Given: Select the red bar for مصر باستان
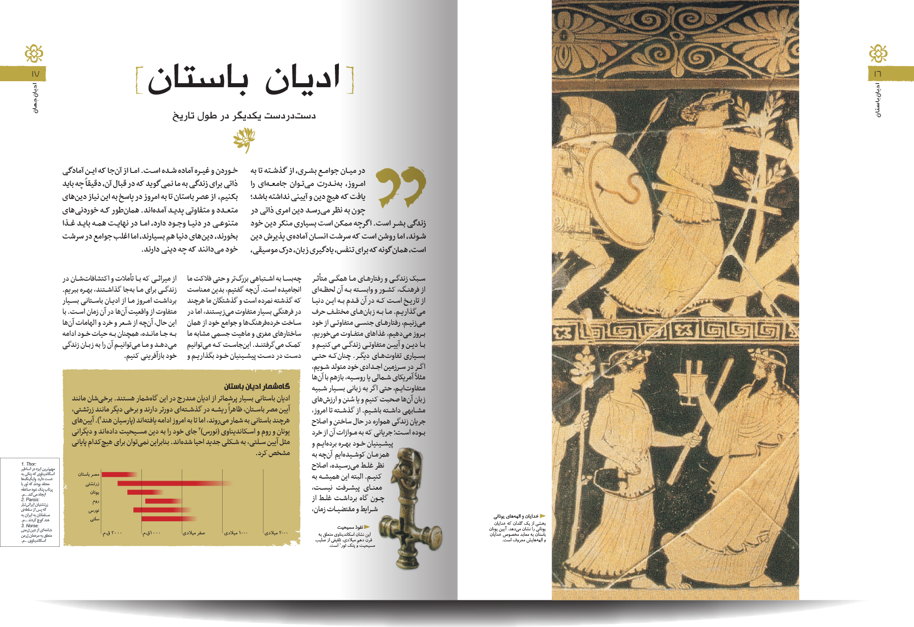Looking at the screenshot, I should pos(118,474).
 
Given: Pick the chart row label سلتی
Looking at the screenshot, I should pos(94,519).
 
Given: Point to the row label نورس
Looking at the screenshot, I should pos(94,510).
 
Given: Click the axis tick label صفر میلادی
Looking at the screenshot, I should pos(194,533).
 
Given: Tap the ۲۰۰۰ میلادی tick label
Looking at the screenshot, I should pos(276,533).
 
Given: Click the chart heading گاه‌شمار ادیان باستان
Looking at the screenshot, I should pos(257,386).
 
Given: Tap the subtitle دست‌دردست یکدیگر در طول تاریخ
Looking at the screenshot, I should pos(244,116).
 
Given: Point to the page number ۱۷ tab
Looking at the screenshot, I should pos(35,74).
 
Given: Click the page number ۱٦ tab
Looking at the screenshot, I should pos(878,74).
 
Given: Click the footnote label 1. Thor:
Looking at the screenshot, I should pos(29,464).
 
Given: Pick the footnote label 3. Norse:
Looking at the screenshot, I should pos(30,526).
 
